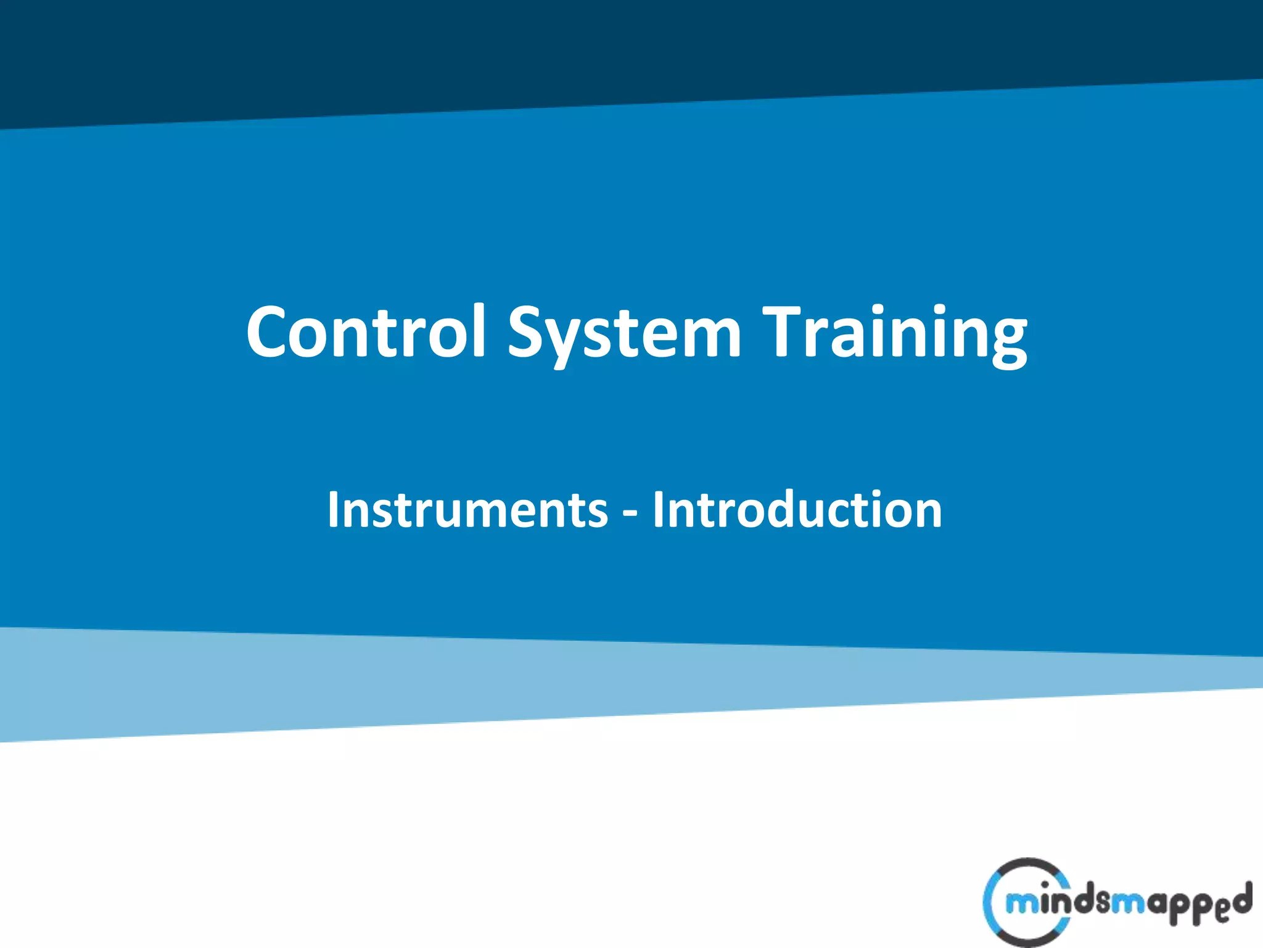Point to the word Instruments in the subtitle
click(x=467, y=510)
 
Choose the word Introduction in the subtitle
click(x=797, y=510)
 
